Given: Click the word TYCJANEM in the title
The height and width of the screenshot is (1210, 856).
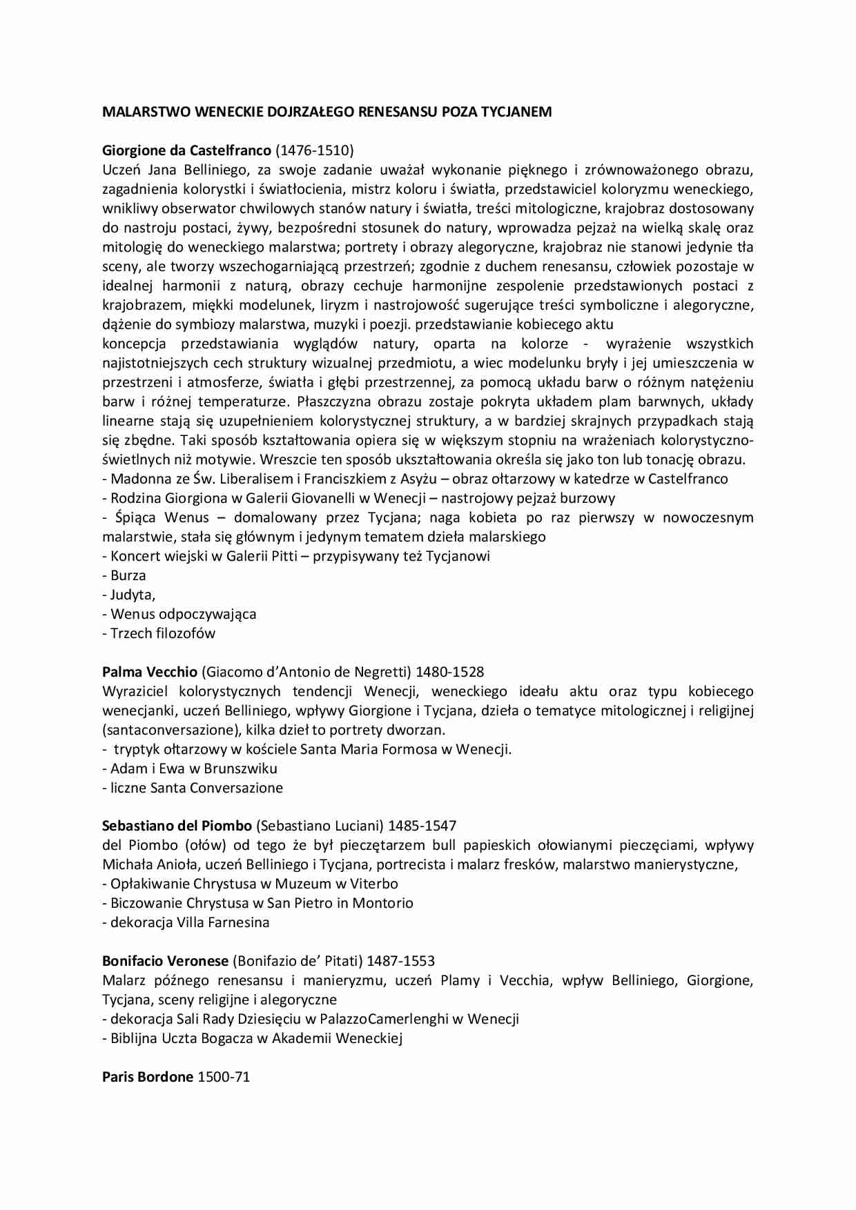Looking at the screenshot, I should coord(515,112).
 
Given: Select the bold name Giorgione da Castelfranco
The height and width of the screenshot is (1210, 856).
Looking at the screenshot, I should coord(186,150).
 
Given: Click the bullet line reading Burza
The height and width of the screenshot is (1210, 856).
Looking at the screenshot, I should coord(125,575).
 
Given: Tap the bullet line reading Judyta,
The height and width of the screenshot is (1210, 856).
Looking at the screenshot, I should coord(130,595).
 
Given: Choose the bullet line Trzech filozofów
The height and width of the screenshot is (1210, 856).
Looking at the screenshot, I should coord(159,633).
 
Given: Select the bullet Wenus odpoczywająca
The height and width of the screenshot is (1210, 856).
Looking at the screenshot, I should coord(179,614).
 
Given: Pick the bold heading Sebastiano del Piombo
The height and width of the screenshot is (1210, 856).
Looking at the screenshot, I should coord(177,826).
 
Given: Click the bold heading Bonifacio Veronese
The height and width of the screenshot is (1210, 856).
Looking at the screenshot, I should coord(165,961).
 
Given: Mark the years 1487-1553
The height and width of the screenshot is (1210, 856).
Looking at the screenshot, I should coord(400,961).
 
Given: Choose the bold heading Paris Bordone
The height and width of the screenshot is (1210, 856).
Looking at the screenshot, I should coord(148,1077).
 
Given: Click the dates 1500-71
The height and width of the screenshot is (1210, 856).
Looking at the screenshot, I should coord(224,1077).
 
